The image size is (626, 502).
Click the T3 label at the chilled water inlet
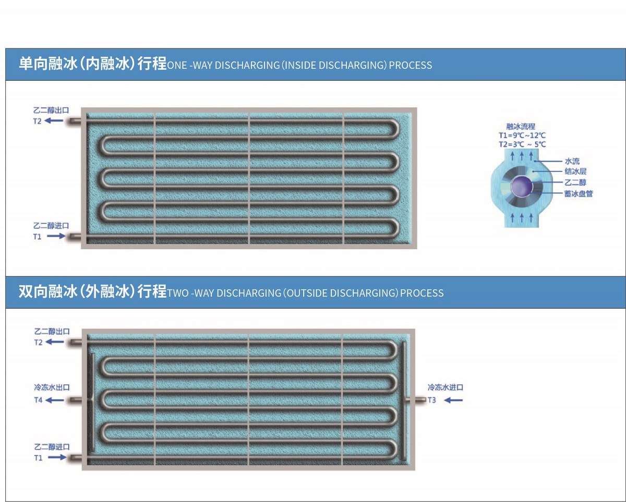[432, 400]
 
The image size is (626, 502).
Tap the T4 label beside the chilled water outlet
[39, 400]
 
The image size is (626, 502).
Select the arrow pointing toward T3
[453, 400]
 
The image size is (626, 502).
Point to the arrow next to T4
[55, 400]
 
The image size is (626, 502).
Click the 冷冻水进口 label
[446, 387]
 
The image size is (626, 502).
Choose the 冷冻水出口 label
[52, 387]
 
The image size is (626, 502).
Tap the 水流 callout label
[572, 161]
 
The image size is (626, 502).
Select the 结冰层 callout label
[576, 172]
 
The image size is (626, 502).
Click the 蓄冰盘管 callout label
[579, 193]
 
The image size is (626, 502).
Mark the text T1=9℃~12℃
[522, 136]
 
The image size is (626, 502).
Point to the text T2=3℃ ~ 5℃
[522, 144]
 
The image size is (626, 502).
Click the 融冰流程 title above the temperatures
[521, 127]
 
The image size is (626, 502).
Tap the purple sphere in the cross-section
[521, 186]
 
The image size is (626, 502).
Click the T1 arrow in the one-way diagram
[56, 236]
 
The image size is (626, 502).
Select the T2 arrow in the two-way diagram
[55, 342]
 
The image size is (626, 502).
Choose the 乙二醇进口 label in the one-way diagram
[51, 226]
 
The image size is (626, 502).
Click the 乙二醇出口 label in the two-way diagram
[52, 332]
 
